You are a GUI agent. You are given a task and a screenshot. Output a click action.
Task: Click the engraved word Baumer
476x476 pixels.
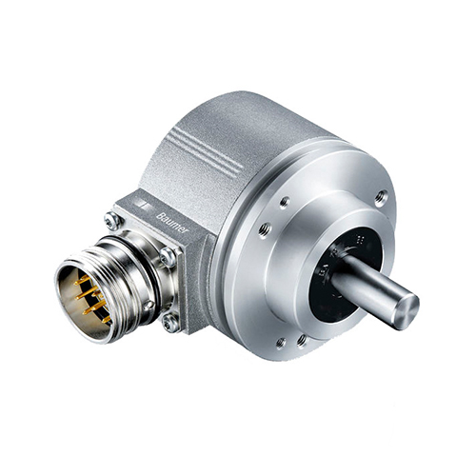[172, 224]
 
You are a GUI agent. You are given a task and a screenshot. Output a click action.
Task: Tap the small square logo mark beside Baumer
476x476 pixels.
[140, 204]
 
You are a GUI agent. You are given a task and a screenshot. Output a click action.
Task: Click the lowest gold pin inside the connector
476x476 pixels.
[106, 319]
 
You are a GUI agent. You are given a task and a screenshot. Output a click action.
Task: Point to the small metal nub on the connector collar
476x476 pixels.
[149, 305]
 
